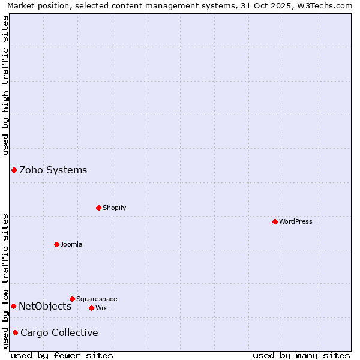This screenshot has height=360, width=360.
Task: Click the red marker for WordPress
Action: point(275,221)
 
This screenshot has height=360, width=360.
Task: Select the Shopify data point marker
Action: point(98,208)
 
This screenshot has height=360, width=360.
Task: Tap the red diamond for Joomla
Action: point(56,244)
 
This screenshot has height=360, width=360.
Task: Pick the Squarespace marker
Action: point(72,299)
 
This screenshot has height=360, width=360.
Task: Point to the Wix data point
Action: point(91,308)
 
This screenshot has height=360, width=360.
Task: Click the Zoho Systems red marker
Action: point(14,170)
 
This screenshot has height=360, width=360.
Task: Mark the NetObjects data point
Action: point(13,306)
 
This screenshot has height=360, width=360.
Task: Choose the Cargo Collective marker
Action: point(15,332)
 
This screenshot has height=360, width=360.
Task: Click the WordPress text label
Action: point(296,221)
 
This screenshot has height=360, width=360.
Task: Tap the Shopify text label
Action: point(115,208)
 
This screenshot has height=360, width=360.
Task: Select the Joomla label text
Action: point(71,244)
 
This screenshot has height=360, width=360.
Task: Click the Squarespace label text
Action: point(97,299)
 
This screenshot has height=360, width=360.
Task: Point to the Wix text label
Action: point(101,308)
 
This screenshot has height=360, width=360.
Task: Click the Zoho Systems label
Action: point(53,170)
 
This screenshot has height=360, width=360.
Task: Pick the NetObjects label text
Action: point(45,306)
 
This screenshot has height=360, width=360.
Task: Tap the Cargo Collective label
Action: point(59,332)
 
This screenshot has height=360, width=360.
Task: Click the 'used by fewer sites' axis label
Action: point(62,355)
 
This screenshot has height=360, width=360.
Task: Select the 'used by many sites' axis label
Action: point(301,355)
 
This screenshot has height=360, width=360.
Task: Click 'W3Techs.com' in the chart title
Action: point(326,6)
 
